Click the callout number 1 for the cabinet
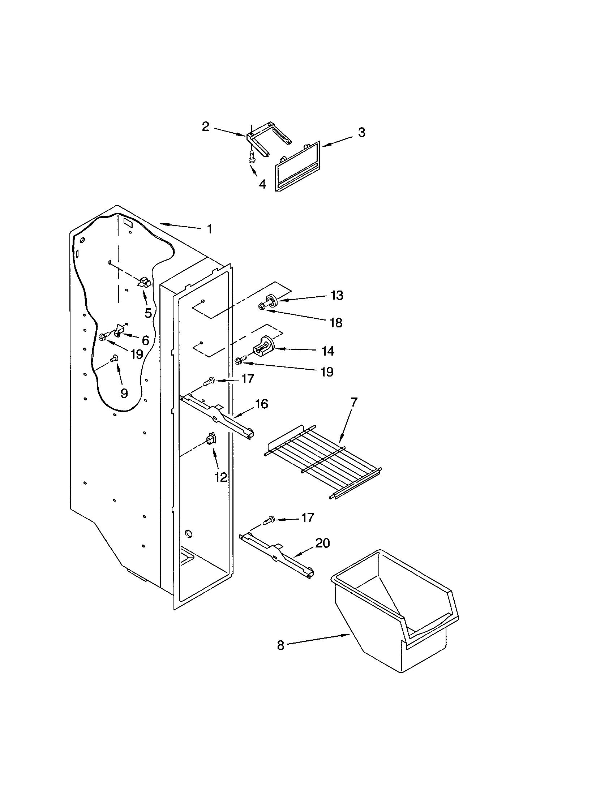[209, 229]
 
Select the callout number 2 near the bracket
[206, 127]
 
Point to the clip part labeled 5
[144, 282]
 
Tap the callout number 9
[124, 393]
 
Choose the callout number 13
[337, 295]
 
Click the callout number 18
[336, 322]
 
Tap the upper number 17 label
[248, 379]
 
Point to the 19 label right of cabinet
[327, 371]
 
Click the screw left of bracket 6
[103, 337]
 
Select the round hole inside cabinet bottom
[189, 534]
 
